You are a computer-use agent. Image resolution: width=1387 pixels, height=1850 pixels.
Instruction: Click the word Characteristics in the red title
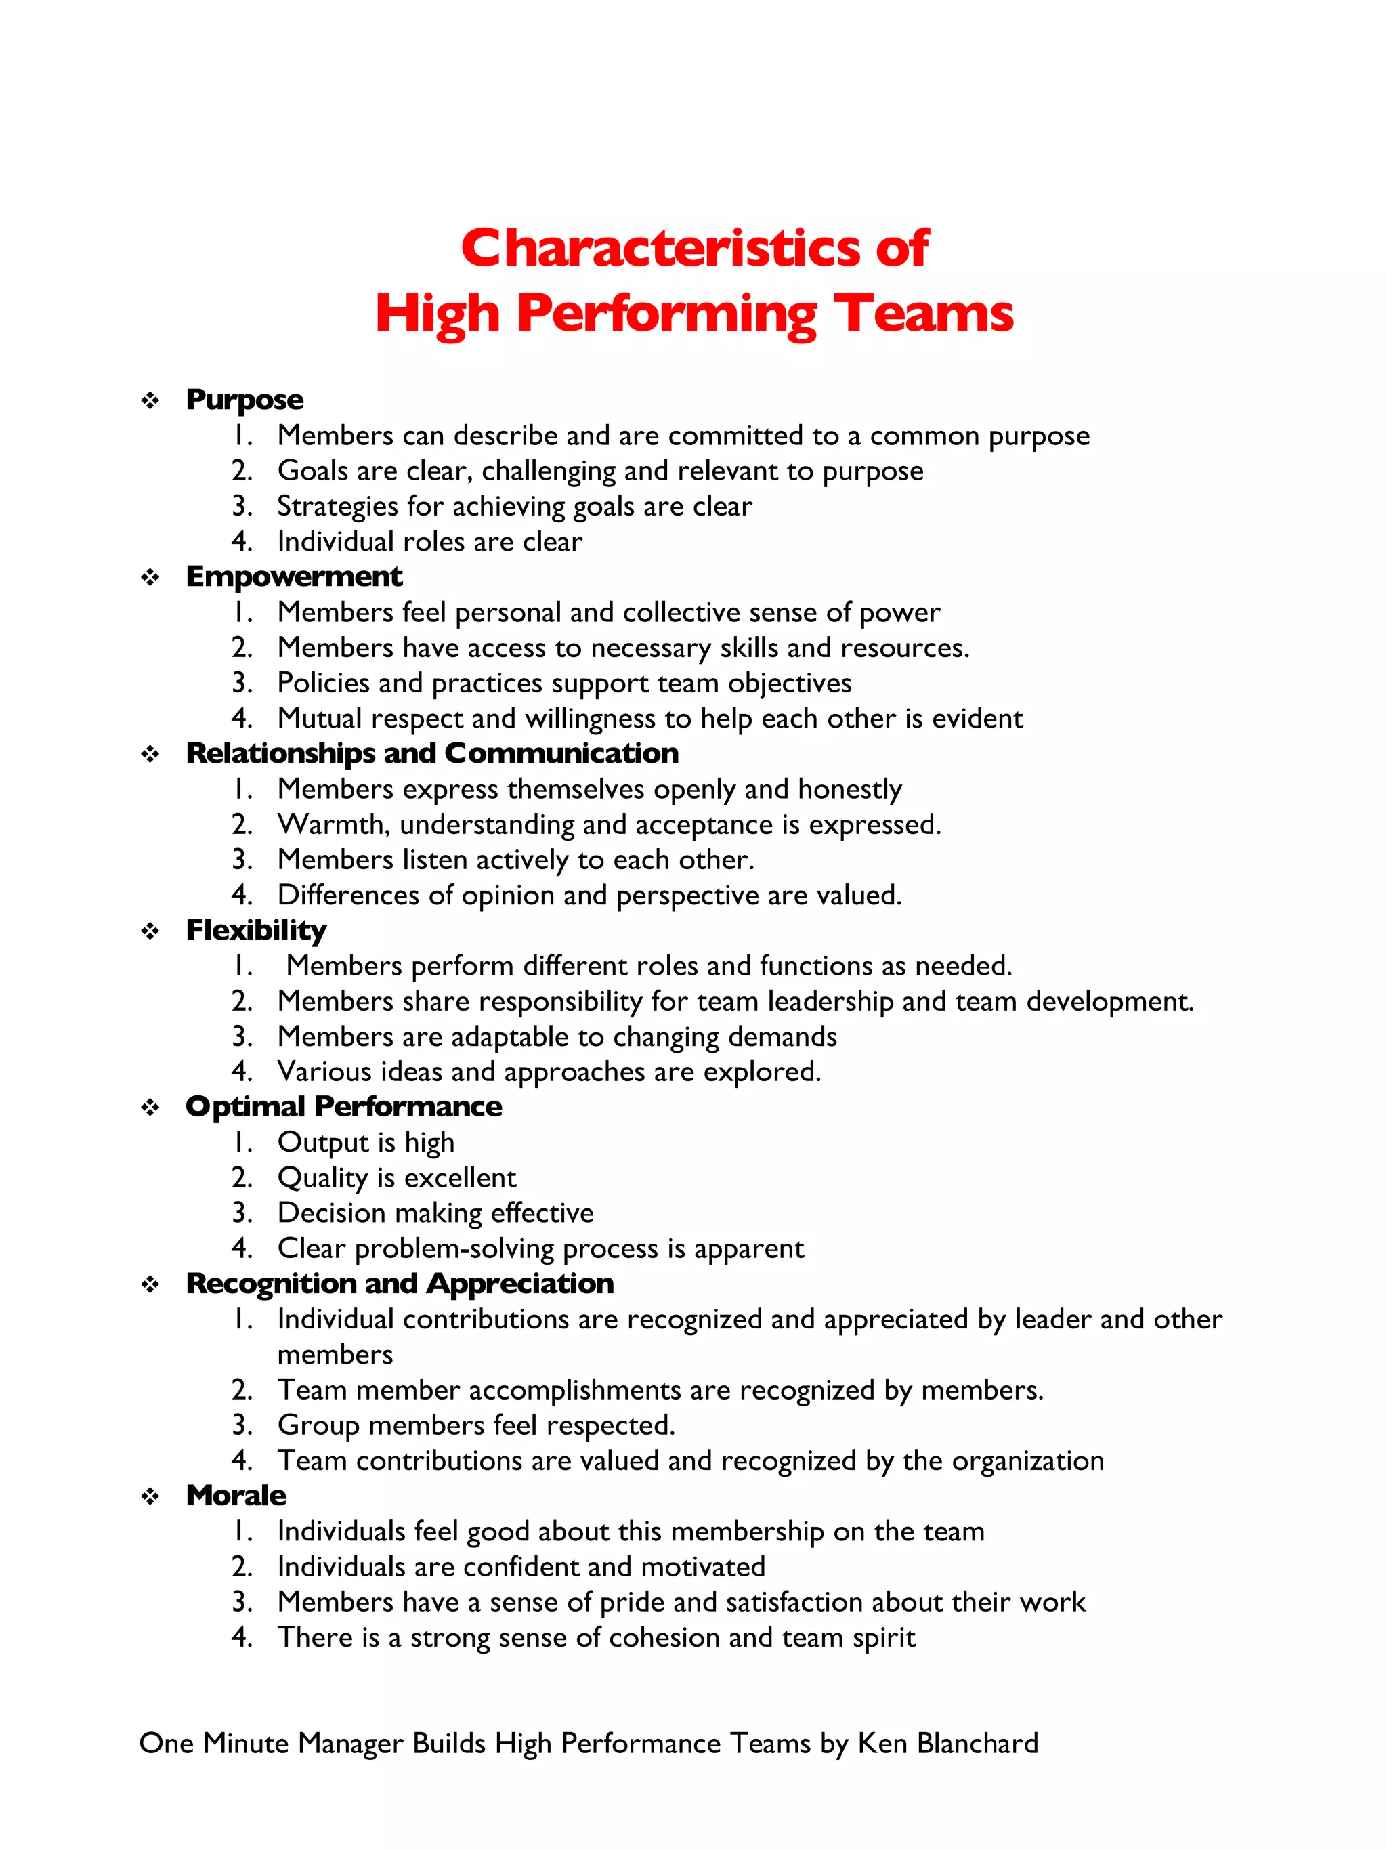click(x=660, y=249)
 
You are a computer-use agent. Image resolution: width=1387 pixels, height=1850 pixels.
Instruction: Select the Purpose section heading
click(x=244, y=400)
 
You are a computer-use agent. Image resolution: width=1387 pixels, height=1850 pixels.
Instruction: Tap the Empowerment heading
click(x=293, y=576)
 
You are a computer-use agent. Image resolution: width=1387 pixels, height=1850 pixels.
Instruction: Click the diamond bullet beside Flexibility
click(x=150, y=931)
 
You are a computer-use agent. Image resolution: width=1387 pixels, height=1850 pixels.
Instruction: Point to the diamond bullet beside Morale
click(x=150, y=1496)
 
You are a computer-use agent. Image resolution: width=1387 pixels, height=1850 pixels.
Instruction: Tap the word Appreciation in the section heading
click(x=520, y=1284)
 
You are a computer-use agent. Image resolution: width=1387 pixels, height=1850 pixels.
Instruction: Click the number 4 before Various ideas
click(x=241, y=1072)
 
